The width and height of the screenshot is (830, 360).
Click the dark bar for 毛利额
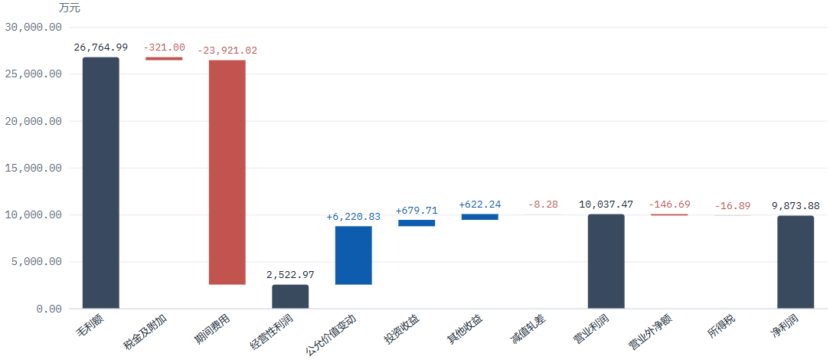100,182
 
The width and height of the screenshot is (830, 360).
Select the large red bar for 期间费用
227,172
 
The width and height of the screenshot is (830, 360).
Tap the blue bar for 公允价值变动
354,255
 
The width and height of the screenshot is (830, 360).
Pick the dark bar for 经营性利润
290,296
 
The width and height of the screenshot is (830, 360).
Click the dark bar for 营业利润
606,261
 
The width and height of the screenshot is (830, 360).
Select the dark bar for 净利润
796,262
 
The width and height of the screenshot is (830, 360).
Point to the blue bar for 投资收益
417,223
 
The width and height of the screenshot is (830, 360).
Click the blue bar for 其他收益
479,217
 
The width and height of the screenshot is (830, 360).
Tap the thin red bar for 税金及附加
164,59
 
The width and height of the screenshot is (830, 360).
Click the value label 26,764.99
100,47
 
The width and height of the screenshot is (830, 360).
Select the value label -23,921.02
227,51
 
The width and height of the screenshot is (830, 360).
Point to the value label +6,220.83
354,217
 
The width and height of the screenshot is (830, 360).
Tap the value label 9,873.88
796,206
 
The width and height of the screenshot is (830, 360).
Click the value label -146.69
670,205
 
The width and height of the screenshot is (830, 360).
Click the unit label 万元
70,8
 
